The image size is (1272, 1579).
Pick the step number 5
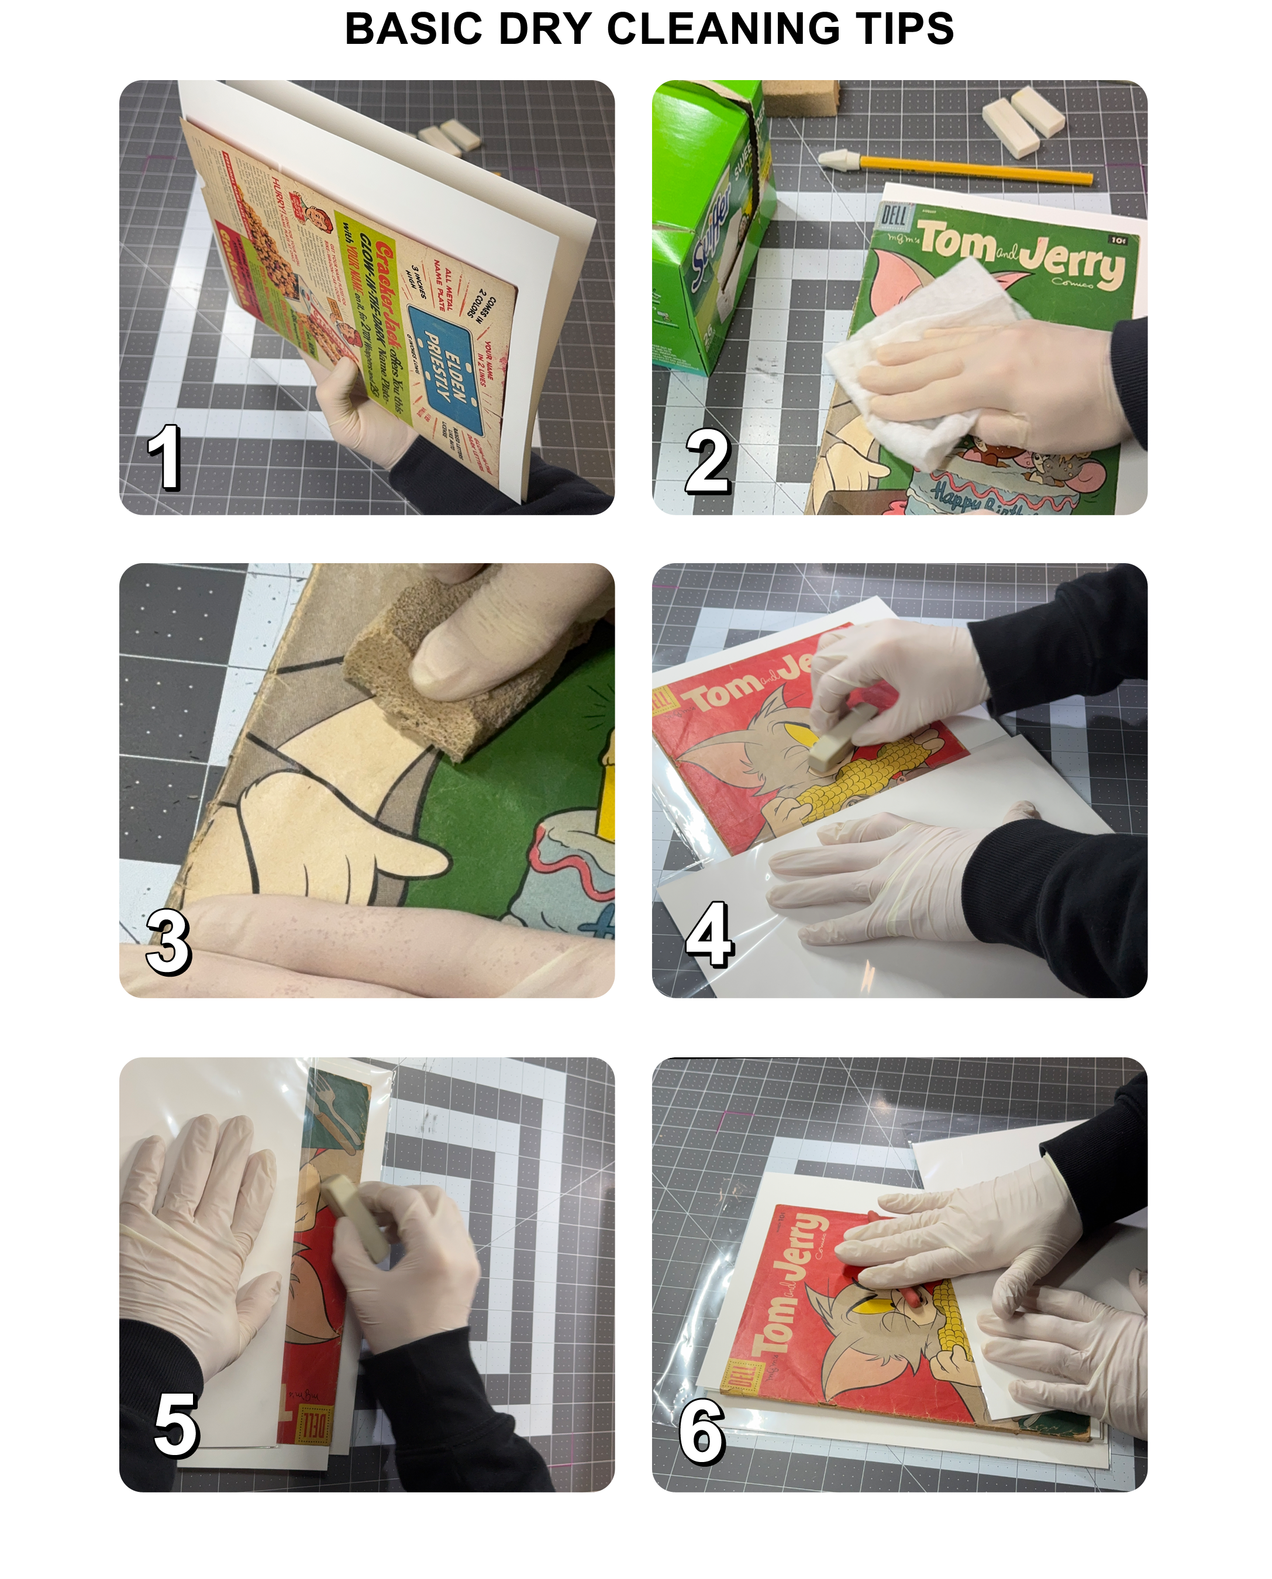coord(176,1425)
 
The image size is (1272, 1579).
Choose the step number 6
coord(702,1430)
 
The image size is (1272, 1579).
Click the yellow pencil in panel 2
coord(974,171)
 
